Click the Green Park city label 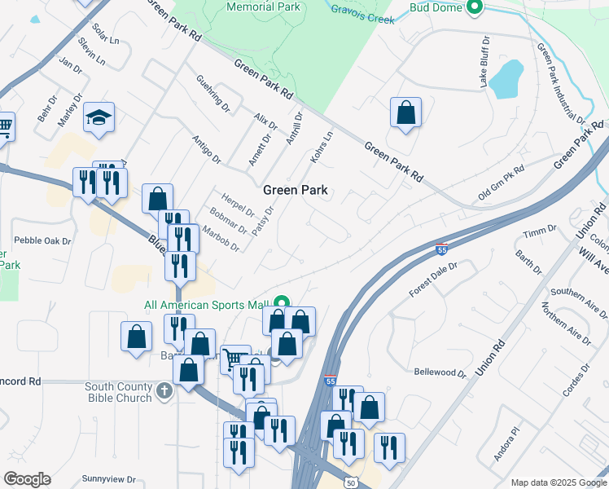[295, 190]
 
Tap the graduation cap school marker [99, 118]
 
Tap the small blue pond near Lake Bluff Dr [506, 78]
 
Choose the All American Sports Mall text [206, 306]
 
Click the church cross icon [164, 390]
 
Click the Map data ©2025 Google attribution [559, 482]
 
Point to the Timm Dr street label [539, 234]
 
